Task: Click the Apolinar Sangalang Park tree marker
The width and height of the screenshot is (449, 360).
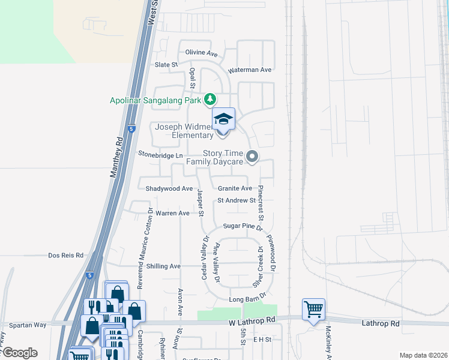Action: (210, 100)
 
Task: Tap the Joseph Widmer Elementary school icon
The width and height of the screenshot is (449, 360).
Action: (223, 119)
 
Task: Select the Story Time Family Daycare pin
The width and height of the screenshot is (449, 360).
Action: (253, 157)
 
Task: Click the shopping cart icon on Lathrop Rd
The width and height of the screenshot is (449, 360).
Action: (313, 310)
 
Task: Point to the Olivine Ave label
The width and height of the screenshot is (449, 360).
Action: (201, 53)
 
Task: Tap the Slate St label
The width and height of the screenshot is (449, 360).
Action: (167, 64)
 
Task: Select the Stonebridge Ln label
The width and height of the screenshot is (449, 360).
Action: (160, 154)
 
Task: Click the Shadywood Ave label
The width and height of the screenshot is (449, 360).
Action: (169, 188)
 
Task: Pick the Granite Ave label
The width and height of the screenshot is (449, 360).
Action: (235, 188)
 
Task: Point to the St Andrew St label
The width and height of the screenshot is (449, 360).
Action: (237, 200)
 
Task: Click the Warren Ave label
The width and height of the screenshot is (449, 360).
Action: (172, 213)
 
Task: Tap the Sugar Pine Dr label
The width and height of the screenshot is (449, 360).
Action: (243, 227)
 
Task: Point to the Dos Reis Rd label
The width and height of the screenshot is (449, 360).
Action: (65, 256)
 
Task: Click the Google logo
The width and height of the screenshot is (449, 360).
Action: (19, 353)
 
